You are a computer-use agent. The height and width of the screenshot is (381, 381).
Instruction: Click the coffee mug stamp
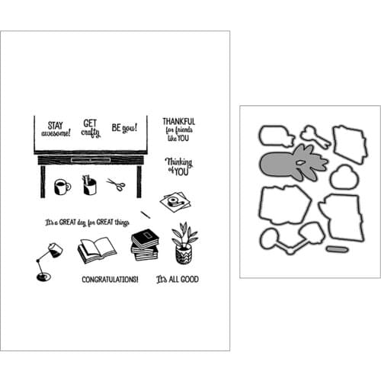coord(62,187)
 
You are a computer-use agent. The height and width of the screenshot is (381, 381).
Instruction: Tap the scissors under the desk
coord(116,184)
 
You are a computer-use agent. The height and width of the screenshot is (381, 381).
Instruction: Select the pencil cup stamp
coord(89,185)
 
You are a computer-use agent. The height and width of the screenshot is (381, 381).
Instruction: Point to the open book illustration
coord(97,250)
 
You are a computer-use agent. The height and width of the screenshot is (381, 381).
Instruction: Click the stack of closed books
coord(145,245)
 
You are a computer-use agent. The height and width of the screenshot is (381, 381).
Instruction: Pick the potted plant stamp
coord(184,243)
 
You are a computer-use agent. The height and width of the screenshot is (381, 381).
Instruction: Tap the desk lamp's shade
coord(55,250)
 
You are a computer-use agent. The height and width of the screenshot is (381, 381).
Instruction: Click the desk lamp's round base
coord(43,277)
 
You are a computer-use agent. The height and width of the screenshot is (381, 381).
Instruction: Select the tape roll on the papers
coord(174,200)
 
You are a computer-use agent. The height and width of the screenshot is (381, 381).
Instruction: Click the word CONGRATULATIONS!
coord(110,280)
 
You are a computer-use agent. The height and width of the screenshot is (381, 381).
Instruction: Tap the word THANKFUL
coord(179,121)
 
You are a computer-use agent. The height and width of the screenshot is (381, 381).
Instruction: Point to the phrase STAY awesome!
coord(56,129)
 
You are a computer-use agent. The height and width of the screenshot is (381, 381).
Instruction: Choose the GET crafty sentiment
coord(91,129)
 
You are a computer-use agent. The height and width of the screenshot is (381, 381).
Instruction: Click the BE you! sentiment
coord(124,128)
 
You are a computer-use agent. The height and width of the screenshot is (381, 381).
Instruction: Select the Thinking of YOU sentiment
coord(179,166)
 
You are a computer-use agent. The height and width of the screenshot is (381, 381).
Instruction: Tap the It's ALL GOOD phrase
coord(178,279)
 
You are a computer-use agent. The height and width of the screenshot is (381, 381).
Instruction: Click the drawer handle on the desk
coord(91,160)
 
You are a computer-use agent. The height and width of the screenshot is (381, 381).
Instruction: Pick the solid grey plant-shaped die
coord(294,163)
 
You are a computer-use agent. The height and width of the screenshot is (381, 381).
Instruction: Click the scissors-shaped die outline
coord(315,136)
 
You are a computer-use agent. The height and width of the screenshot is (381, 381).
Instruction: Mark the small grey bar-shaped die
coord(337,249)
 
